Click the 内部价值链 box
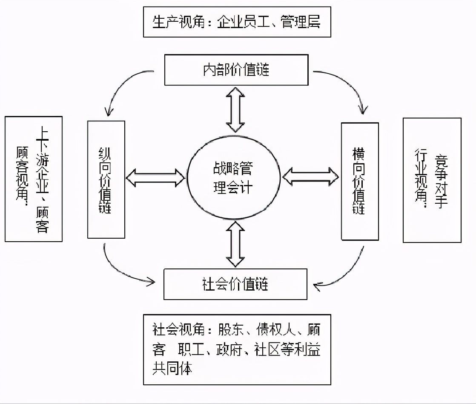click(x=236, y=69)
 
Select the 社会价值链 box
click(x=235, y=284)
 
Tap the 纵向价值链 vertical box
click(x=106, y=179)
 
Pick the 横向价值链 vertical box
click(x=359, y=182)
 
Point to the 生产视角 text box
click(x=237, y=22)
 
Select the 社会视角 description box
click(x=237, y=349)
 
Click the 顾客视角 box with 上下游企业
click(x=34, y=179)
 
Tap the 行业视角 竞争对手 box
click(x=432, y=180)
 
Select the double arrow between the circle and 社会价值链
click(x=235, y=244)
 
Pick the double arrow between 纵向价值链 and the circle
click(x=155, y=178)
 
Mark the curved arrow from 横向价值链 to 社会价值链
click(x=345, y=273)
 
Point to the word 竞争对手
click(x=441, y=181)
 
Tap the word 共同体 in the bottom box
click(x=172, y=368)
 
